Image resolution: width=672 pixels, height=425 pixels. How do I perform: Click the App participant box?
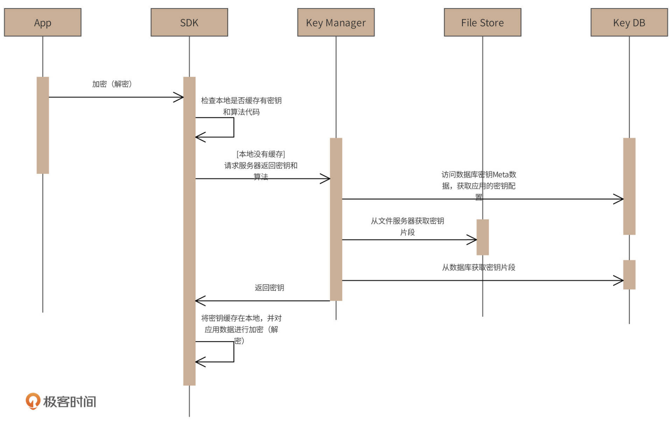[43, 22]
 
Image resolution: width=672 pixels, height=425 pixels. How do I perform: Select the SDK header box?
[189, 22]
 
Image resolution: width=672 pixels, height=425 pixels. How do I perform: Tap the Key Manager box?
[336, 22]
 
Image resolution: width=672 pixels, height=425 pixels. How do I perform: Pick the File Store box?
[482, 22]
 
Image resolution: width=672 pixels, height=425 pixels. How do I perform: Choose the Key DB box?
[629, 22]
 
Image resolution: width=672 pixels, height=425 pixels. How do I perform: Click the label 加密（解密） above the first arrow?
[112, 84]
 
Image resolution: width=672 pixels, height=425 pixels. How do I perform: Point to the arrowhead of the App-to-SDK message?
[179, 97]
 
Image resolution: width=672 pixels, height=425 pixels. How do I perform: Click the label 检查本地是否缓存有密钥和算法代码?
[241, 106]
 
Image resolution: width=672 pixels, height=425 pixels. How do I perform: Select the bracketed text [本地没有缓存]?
[261, 154]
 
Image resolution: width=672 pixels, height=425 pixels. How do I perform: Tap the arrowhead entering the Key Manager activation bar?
[326, 179]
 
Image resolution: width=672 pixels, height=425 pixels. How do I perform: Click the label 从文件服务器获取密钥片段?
[407, 226]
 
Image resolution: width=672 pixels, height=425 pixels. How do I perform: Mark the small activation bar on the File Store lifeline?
[483, 237]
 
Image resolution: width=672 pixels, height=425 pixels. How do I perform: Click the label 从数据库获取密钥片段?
[478, 267]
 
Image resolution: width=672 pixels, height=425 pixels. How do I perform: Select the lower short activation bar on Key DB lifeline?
[629, 275]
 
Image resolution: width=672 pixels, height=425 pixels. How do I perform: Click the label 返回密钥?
[269, 288]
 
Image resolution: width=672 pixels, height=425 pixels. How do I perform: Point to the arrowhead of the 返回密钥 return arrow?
[199, 301]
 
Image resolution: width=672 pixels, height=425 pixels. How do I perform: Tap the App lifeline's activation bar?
[43, 125]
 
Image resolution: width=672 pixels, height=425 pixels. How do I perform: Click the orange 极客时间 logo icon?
[33, 401]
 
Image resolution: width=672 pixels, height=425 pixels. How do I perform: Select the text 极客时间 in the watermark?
[70, 402]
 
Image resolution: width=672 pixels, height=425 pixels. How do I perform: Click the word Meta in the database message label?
[500, 175]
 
